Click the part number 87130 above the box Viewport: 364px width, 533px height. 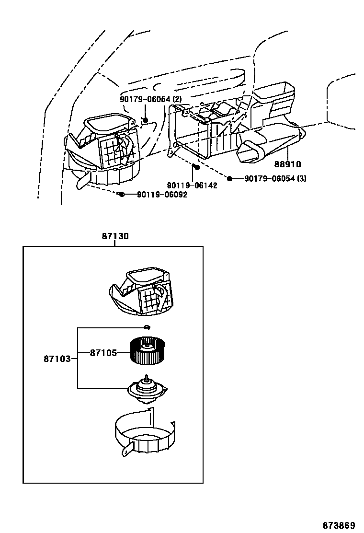115,236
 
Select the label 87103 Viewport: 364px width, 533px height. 57,358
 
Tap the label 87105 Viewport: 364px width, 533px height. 103,353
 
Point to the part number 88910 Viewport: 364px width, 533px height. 287,164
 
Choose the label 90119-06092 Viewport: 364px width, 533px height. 162,195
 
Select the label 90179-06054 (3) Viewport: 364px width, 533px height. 275,179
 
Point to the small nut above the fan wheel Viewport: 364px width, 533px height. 148,328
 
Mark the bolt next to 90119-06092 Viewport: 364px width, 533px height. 121,194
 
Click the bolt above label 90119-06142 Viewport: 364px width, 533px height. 196,167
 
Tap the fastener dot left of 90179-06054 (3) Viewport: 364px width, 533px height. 229,179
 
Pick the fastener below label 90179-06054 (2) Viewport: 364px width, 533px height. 145,119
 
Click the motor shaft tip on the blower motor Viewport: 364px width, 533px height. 145,377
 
